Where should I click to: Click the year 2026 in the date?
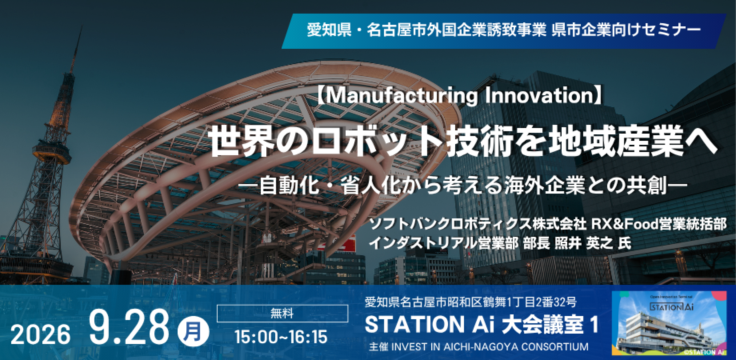[40, 336]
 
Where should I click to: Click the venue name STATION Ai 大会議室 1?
[482, 325]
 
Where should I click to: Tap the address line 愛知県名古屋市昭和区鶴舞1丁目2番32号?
[471, 302]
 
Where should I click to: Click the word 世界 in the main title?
[236, 143]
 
